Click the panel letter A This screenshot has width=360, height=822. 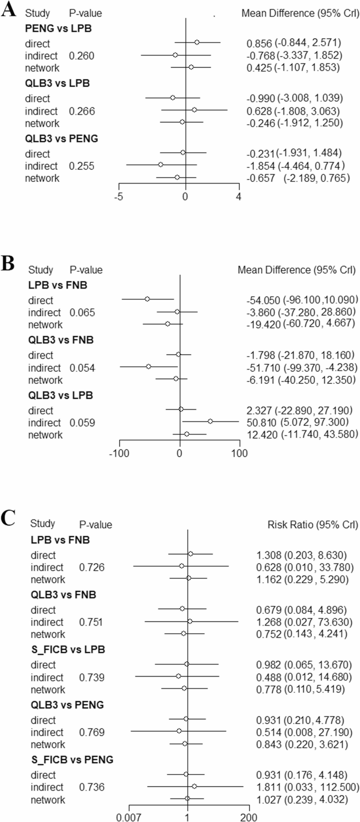8,11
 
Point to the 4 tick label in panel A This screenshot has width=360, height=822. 239,197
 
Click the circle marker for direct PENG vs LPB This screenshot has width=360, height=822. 197,43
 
